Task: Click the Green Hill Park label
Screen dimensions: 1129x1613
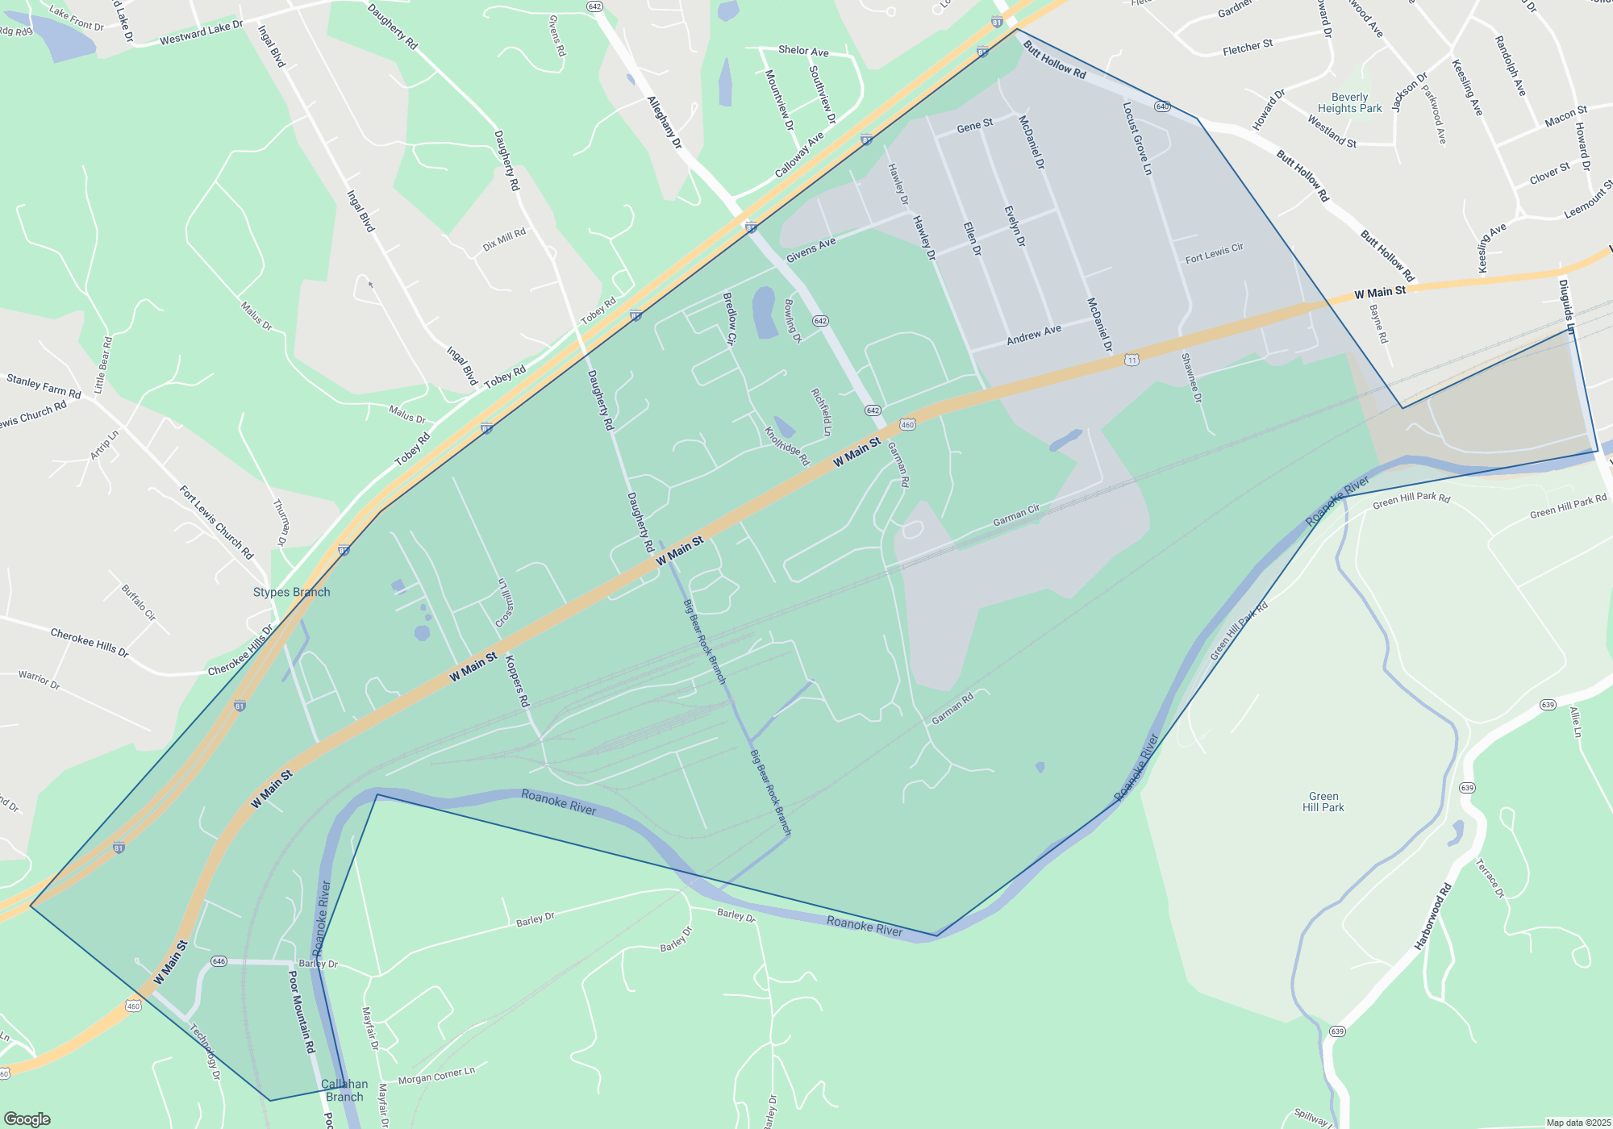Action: click(x=1323, y=802)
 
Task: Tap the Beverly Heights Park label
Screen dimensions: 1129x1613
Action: click(x=1349, y=102)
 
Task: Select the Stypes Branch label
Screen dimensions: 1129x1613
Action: click(x=291, y=592)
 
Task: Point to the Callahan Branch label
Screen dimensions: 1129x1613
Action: click(x=344, y=1090)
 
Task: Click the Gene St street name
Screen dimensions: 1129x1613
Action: click(x=974, y=126)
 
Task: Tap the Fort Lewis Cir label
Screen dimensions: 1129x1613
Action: click(x=1214, y=253)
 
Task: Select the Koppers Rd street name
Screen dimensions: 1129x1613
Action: click(x=517, y=681)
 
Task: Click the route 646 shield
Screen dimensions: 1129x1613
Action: click(x=219, y=961)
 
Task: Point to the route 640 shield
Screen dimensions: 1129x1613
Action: click(x=1162, y=106)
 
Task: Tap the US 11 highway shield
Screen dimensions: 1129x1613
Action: click(x=1132, y=360)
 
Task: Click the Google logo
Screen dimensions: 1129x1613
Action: click(x=27, y=1119)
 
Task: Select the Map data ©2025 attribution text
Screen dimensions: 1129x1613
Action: click(x=1578, y=1123)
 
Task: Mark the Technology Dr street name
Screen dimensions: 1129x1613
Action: click(x=205, y=1052)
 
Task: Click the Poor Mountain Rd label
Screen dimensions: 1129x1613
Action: click(x=302, y=1011)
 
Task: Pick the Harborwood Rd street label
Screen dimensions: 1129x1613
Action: click(x=1433, y=916)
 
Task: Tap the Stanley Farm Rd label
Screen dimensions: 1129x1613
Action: click(x=44, y=385)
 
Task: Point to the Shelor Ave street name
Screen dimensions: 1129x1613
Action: click(x=803, y=51)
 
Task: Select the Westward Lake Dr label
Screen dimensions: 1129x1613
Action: click(x=201, y=33)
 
